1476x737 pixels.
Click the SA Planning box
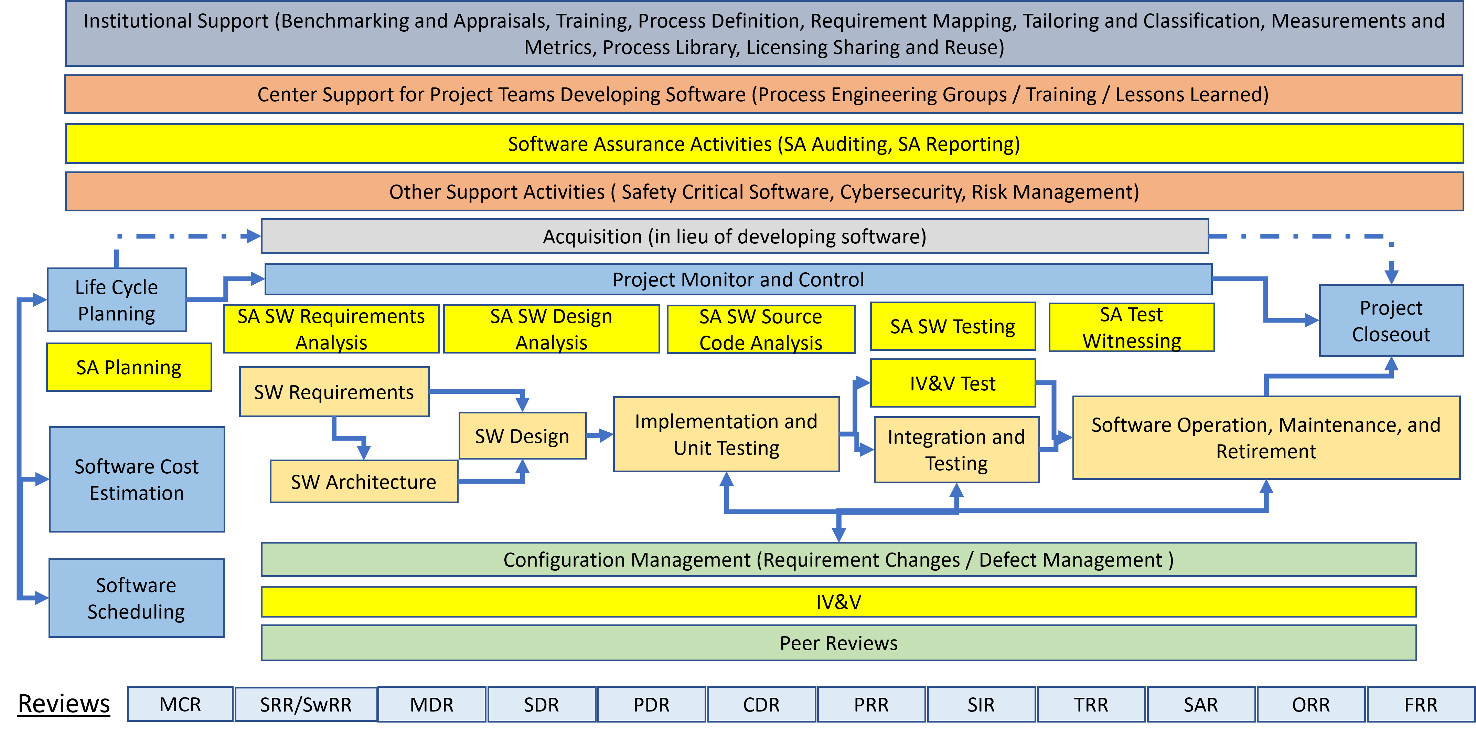129,367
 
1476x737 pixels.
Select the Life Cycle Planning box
117,300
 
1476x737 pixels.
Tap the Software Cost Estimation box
137,479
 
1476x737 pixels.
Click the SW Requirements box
334,392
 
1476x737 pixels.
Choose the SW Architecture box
364,482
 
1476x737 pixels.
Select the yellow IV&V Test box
953,383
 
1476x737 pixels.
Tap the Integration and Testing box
956,450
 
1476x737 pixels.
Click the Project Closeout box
1391,321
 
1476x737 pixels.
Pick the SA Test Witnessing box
1132,328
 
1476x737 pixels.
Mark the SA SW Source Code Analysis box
761,329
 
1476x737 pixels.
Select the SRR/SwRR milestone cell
306,704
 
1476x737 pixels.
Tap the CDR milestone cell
761,704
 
